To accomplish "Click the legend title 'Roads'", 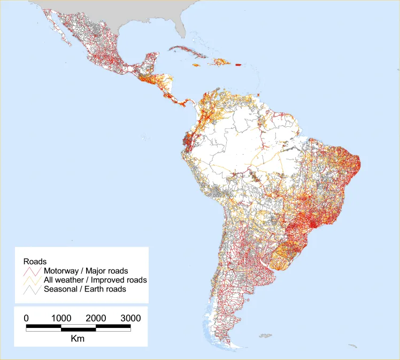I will pos(34,262).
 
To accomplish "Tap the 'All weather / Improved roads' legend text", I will pos(95,280).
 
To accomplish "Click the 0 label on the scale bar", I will pos(27,318).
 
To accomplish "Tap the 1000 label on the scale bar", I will pos(61,318).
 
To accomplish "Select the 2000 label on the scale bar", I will pos(96,318).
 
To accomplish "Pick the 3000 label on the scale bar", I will pos(130,318).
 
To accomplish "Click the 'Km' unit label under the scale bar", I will pos(78,339).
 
